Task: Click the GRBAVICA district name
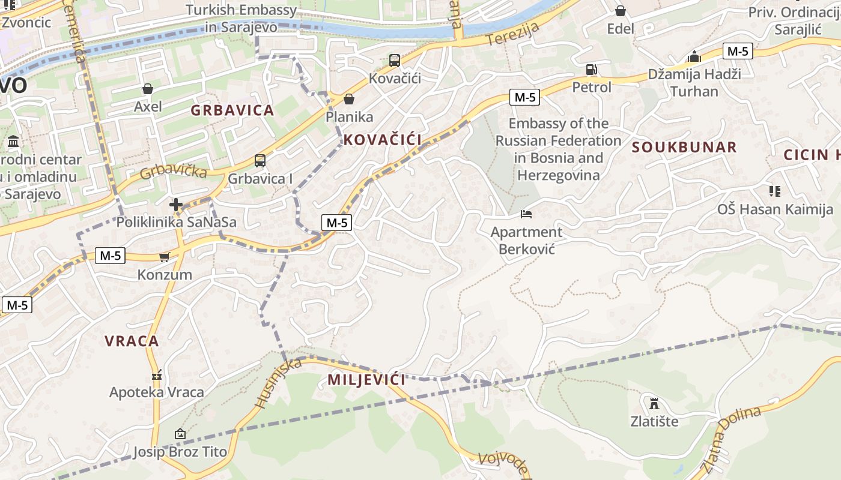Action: pyautogui.click(x=232, y=110)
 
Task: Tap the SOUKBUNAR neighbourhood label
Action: pyautogui.click(x=684, y=148)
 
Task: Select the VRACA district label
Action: pyautogui.click(x=132, y=341)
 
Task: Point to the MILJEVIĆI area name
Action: pyautogui.click(x=366, y=380)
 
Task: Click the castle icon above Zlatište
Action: pyautogui.click(x=654, y=403)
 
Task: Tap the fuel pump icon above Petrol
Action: pyautogui.click(x=592, y=70)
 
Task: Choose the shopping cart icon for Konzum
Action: pyautogui.click(x=164, y=257)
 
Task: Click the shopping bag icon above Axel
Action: pyautogui.click(x=148, y=89)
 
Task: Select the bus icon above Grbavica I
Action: pyautogui.click(x=260, y=161)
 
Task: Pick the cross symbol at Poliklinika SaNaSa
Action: pyautogui.click(x=175, y=205)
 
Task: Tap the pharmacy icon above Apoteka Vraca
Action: pyautogui.click(x=157, y=375)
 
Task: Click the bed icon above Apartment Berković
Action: pyautogui.click(x=526, y=214)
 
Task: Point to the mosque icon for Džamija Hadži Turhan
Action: pyautogui.click(x=694, y=57)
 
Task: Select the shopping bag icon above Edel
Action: pyautogui.click(x=621, y=11)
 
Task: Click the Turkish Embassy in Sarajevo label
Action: pyautogui.click(x=241, y=19)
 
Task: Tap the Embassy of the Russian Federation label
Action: pyautogui.click(x=558, y=149)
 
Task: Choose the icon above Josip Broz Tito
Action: pyautogui.click(x=180, y=434)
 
